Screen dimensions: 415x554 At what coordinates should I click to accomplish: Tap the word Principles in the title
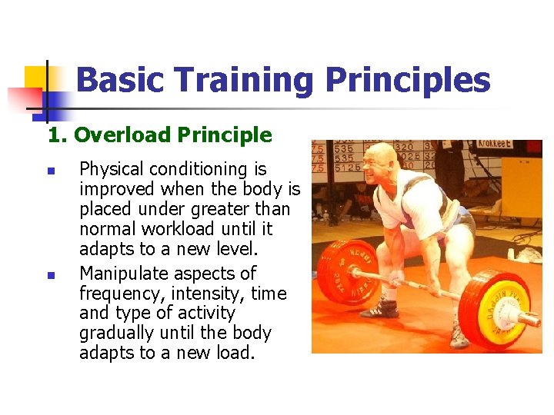pos(408,80)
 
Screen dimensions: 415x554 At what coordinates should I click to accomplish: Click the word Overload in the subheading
pos(122,135)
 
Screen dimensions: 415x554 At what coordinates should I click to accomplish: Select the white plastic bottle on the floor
pos(510,254)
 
